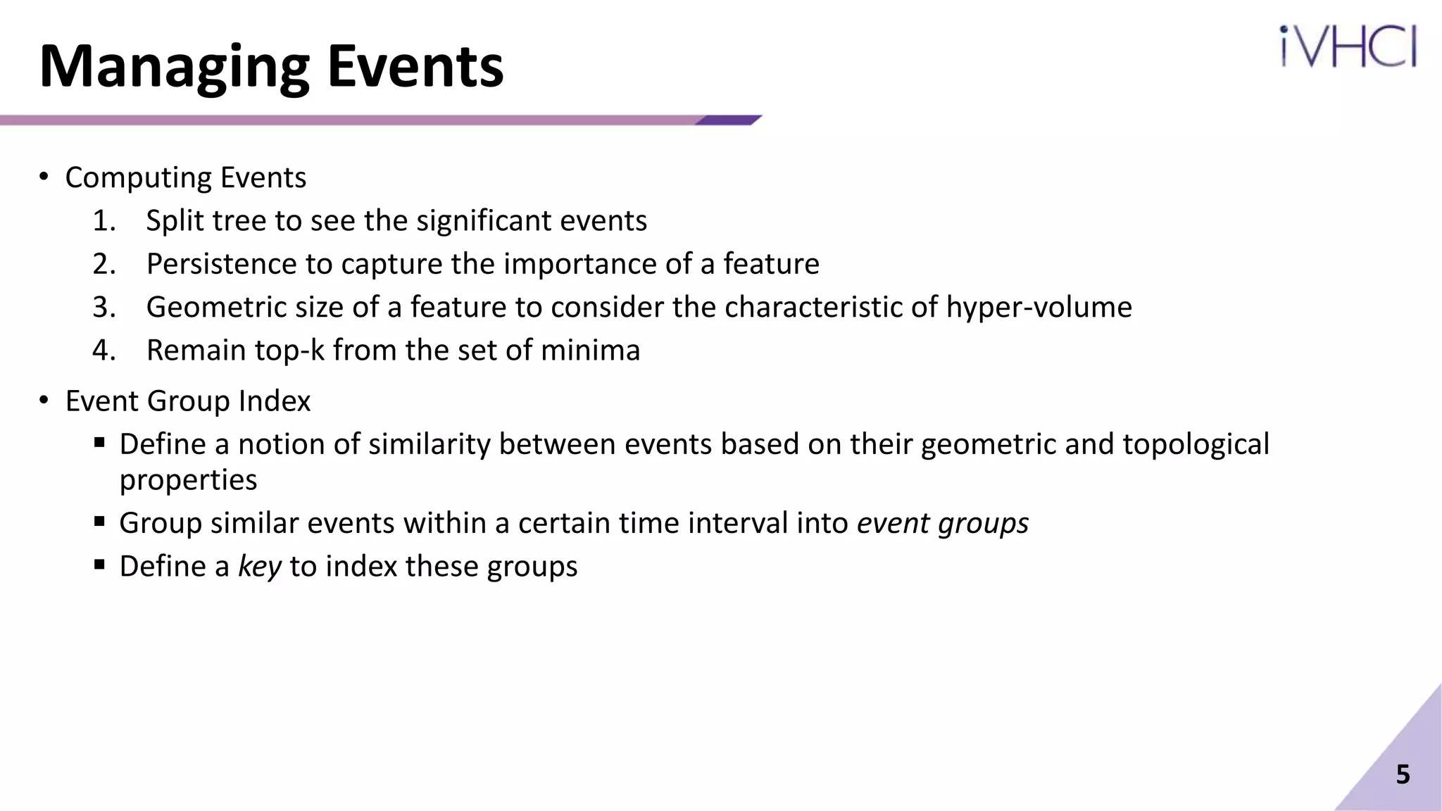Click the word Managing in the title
(175, 68)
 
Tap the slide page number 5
(1403, 774)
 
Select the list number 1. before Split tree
(104, 221)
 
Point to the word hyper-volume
(1039, 308)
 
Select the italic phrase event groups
(942, 523)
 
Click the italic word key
(259, 566)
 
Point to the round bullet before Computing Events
(44, 177)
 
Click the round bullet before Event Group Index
(44, 401)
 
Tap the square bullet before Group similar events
(99, 522)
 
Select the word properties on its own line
(188, 480)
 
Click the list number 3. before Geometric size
(104, 308)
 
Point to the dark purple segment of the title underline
(729, 120)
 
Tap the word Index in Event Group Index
(274, 401)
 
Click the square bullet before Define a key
(99, 565)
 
